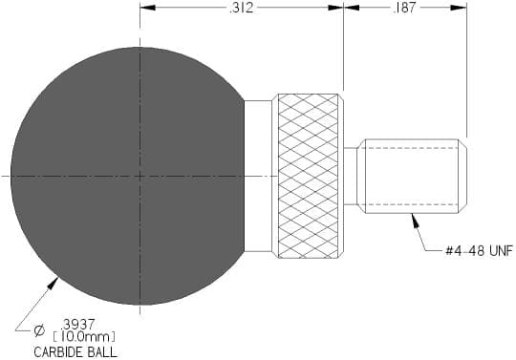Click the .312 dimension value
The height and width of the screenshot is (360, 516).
[242, 8]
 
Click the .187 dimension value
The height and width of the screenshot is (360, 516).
[405, 8]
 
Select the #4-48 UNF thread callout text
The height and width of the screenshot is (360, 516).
[479, 251]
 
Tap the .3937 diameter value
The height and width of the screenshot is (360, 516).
[78, 325]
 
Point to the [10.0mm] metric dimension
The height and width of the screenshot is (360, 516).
[84, 337]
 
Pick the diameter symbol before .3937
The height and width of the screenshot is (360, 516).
[39, 330]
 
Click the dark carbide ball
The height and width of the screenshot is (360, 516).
[128, 177]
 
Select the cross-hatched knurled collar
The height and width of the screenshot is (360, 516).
[308, 176]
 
